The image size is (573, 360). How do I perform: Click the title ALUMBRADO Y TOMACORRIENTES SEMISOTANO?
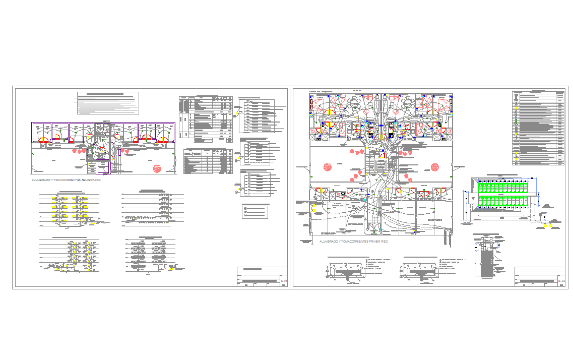pyautogui.click(x=66, y=180)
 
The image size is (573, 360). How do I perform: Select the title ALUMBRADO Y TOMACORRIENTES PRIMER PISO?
pyautogui.click(x=353, y=242)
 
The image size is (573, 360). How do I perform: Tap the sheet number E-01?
pyautogui.click(x=284, y=280)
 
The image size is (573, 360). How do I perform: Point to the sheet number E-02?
pyautogui.click(x=561, y=280)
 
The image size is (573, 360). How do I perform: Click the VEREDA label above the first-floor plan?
pyautogui.click(x=358, y=91)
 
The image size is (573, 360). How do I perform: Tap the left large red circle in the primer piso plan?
pyautogui.click(x=328, y=168)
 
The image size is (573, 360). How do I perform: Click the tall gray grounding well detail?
pyautogui.click(x=486, y=262)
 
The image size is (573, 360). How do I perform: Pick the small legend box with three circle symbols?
pyautogui.click(x=256, y=210)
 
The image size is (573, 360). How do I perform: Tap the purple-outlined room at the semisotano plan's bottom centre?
pyautogui.click(x=103, y=167)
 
